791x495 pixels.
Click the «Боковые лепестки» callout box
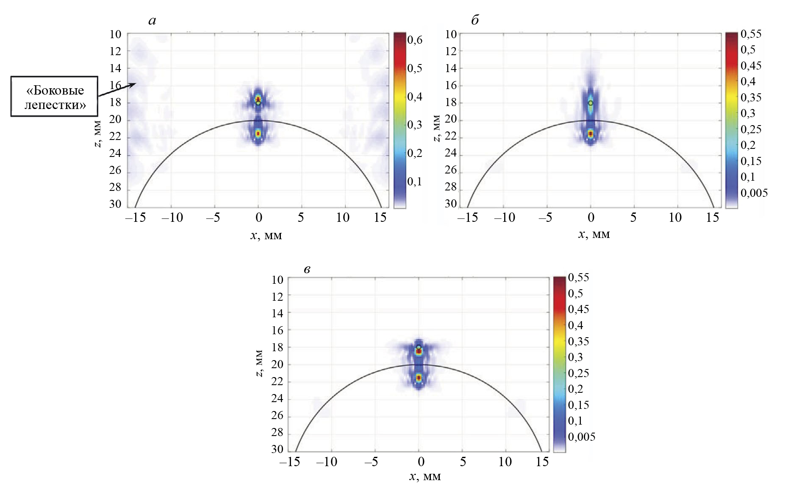tap(54, 97)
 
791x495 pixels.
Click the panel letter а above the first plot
tap(152, 20)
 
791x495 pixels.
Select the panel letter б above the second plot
tap(475, 20)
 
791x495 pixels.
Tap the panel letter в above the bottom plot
tap(307, 269)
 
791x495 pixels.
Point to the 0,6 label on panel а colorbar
tap(414, 40)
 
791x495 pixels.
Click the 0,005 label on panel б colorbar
tap(754, 193)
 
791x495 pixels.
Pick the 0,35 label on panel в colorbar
tap(578, 341)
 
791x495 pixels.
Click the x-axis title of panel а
tap(266, 235)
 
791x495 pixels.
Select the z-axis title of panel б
tap(437, 128)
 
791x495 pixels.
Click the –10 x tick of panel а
tap(172, 218)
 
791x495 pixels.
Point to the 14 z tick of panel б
tap(451, 68)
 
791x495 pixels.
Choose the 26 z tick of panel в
tap(277, 416)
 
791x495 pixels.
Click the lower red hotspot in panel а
tap(258, 134)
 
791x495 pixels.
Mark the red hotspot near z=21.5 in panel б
tap(591, 134)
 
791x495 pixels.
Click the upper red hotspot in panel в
tap(419, 351)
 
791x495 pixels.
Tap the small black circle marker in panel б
tap(591, 103)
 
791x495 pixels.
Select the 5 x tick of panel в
tap(463, 461)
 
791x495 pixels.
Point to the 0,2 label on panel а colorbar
tap(414, 153)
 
